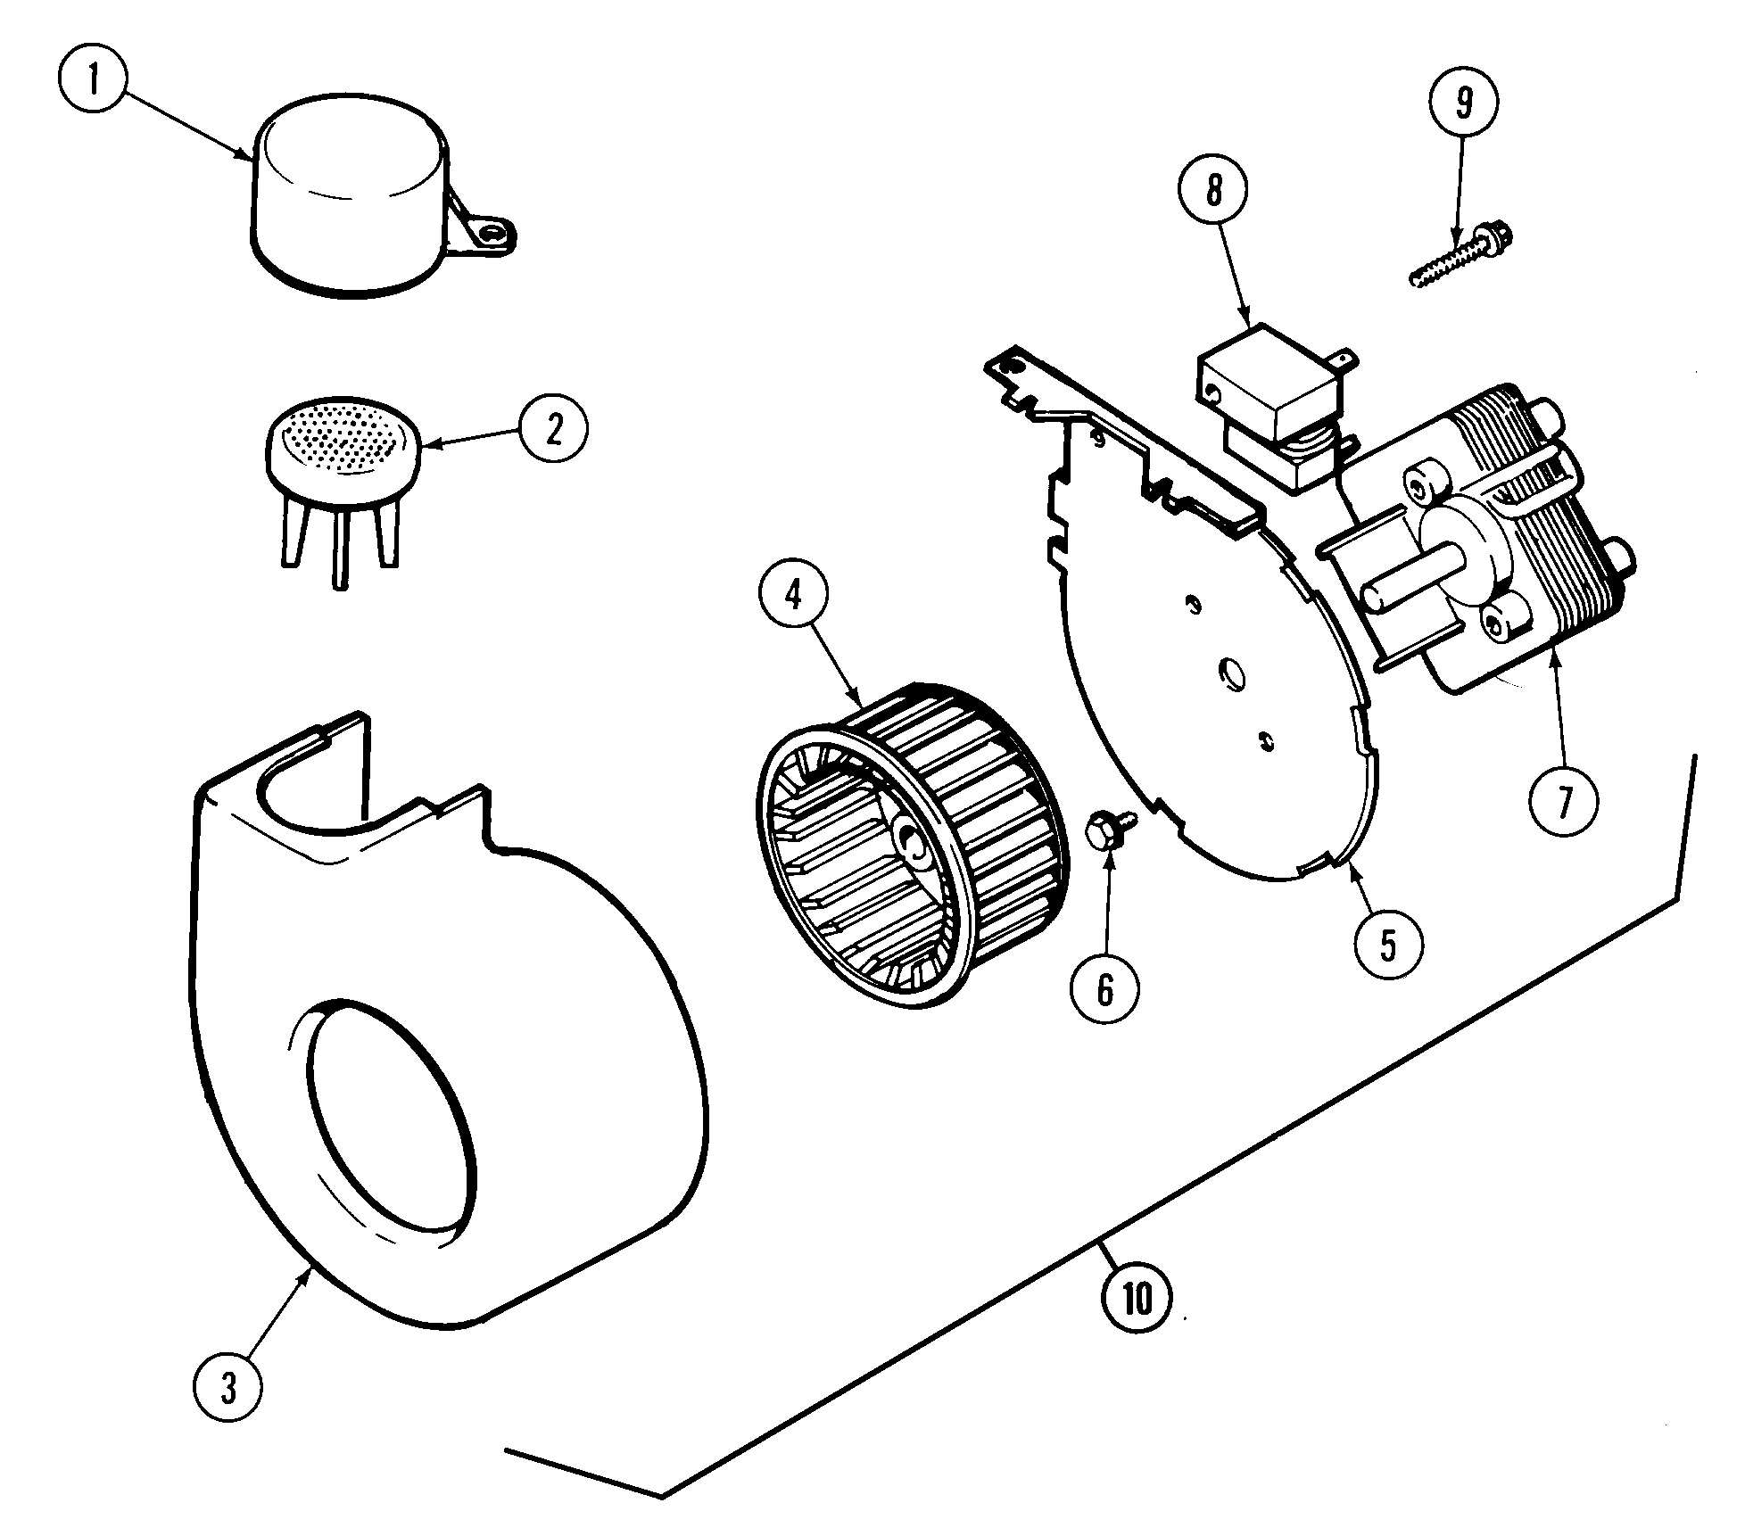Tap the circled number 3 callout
click(x=228, y=1388)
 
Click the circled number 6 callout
click(x=1104, y=988)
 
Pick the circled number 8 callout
click(x=1213, y=191)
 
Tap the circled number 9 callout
click(x=1464, y=103)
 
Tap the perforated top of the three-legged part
click(x=343, y=439)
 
